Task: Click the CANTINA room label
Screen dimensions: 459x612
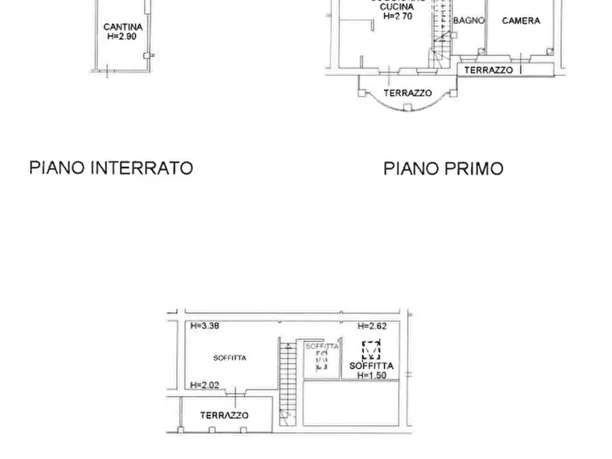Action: click(123, 27)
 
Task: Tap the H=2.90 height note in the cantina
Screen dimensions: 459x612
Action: click(123, 36)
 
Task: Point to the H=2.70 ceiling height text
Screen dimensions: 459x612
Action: click(397, 16)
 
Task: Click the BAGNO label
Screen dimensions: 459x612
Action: click(469, 21)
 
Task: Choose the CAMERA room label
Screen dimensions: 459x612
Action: click(521, 21)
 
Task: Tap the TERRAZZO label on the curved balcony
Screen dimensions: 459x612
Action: click(407, 92)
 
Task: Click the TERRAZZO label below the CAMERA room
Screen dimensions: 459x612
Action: click(488, 70)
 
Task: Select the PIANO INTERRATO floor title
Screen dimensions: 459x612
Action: click(111, 168)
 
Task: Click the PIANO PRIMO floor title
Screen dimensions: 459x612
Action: click(443, 169)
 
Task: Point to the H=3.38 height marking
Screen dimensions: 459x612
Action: click(205, 326)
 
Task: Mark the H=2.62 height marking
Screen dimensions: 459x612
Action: click(372, 326)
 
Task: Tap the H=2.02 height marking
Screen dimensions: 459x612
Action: click(205, 385)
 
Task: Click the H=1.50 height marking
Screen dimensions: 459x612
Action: click(371, 375)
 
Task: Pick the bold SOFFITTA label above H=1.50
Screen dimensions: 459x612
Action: click(371, 367)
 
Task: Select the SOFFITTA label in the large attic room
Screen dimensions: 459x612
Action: click(230, 358)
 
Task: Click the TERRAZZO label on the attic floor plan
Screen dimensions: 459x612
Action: click(224, 415)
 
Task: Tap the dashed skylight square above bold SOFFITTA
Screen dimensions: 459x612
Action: click(371, 350)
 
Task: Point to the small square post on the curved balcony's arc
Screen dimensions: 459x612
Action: click(408, 108)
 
